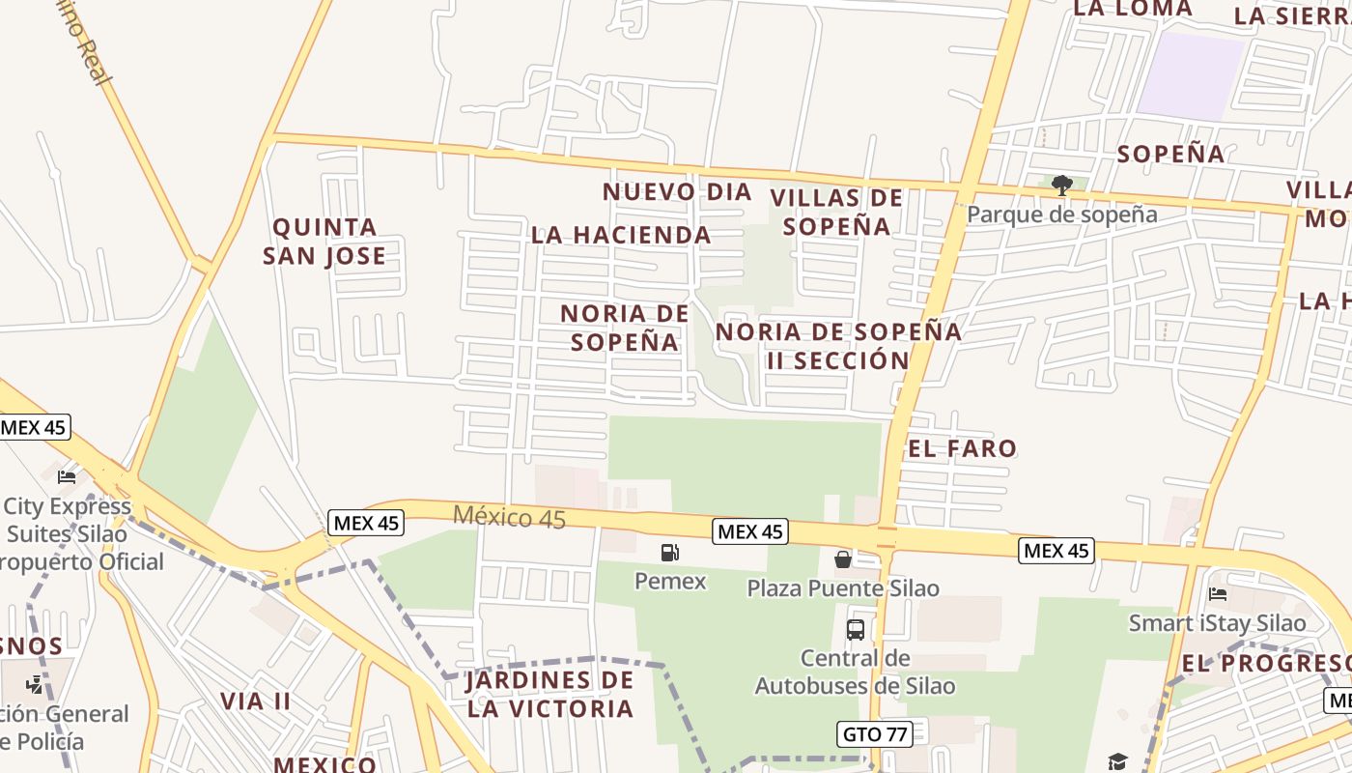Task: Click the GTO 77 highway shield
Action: (x=875, y=733)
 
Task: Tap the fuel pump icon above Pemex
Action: (x=669, y=553)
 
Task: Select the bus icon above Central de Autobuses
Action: (x=855, y=630)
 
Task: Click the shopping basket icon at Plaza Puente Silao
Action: (x=842, y=558)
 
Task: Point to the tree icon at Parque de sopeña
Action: (x=1061, y=185)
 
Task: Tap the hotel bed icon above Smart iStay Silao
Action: (x=1218, y=593)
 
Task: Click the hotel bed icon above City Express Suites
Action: (x=67, y=476)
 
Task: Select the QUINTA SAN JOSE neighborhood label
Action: (x=324, y=242)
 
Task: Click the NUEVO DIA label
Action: (x=677, y=191)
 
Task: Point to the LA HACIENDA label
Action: (x=621, y=235)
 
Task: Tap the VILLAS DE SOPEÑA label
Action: (x=836, y=212)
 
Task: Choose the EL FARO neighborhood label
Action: (x=962, y=448)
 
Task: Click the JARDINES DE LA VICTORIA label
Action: (x=550, y=694)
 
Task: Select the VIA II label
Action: (x=256, y=701)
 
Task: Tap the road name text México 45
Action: (x=509, y=517)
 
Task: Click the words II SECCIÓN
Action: (x=838, y=360)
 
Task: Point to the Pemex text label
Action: (x=670, y=581)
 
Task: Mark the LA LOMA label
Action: (x=1133, y=9)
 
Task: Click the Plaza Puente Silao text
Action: (x=843, y=587)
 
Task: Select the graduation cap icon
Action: (x=1117, y=761)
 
